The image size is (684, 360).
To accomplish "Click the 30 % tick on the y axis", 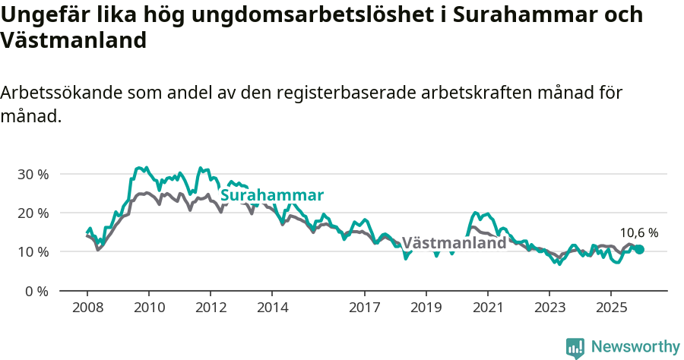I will point(33,174).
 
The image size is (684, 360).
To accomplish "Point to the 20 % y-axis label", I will point(33,213).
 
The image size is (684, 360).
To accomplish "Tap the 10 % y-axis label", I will point(33,251).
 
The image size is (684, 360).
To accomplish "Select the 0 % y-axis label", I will point(36,291).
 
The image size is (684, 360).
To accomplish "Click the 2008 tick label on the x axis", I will point(87,308).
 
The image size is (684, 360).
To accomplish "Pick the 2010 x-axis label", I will point(149,308).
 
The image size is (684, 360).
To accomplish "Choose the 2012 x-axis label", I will point(211,308).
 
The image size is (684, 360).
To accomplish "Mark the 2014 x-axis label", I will point(272,308).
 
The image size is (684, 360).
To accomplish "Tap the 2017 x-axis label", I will point(365,308).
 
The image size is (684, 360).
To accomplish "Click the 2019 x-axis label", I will point(426,308).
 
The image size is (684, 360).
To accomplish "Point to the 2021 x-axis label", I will point(488,308).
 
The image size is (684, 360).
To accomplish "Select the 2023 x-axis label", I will point(549,308).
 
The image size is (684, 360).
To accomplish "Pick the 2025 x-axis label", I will point(611,308).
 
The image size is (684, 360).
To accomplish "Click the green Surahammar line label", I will point(272,195).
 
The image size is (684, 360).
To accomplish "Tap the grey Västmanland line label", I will point(454,243).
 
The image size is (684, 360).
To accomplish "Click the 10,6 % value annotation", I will point(639,232).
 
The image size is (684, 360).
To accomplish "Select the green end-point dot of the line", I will point(639,249).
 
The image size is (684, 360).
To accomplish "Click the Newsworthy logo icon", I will point(575,347).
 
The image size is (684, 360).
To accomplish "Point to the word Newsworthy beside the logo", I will point(635,347).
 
